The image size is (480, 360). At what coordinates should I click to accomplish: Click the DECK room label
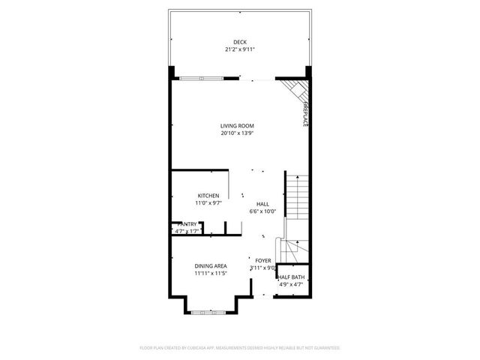(x=239, y=42)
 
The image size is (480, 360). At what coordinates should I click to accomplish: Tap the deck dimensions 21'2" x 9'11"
(x=239, y=49)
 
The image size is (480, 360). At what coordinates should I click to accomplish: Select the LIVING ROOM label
(x=237, y=125)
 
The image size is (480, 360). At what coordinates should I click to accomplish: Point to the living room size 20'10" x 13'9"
(x=237, y=133)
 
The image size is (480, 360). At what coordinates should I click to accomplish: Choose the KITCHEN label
(x=208, y=196)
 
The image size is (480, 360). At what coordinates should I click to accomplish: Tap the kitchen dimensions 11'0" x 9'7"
(x=208, y=203)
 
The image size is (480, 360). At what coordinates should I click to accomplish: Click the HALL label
(x=262, y=204)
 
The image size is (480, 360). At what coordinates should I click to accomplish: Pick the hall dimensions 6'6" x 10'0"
(x=262, y=211)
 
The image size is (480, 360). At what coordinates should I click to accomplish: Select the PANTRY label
(x=188, y=223)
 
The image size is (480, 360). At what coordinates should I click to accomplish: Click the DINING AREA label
(x=210, y=265)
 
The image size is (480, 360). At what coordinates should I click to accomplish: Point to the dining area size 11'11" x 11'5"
(x=210, y=273)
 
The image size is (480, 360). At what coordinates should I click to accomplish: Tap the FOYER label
(x=262, y=260)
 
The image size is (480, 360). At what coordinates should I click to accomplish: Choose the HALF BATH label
(x=292, y=277)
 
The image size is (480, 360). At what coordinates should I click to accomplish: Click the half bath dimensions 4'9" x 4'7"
(x=292, y=284)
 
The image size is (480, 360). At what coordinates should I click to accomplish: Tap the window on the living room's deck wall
(x=201, y=77)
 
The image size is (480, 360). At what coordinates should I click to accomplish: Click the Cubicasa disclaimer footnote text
(x=239, y=348)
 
